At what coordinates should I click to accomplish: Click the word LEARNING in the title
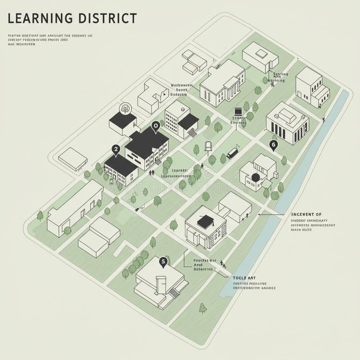pyautogui.click(x=40, y=18)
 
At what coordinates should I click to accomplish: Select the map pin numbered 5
pyautogui.click(x=163, y=262)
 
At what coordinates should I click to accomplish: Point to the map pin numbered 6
pyautogui.click(x=274, y=145)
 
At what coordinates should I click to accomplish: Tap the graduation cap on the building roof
pyautogui.click(x=205, y=221)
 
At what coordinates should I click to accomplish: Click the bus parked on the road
pyautogui.click(x=232, y=153)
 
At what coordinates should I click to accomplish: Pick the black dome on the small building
pyautogui.click(x=255, y=177)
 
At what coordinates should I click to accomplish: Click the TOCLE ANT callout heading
pyautogui.click(x=244, y=278)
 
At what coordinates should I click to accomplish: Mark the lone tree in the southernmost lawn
pyautogui.click(x=202, y=308)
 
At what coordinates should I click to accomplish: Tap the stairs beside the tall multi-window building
pyautogui.click(x=192, y=133)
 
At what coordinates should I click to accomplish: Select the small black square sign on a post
pyautogui.click(x=238, y=112)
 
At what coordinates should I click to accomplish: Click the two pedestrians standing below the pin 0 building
pyautogui.click(x=151, y=172)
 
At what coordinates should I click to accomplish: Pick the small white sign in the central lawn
pyautogui.click(x=209, y=145)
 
